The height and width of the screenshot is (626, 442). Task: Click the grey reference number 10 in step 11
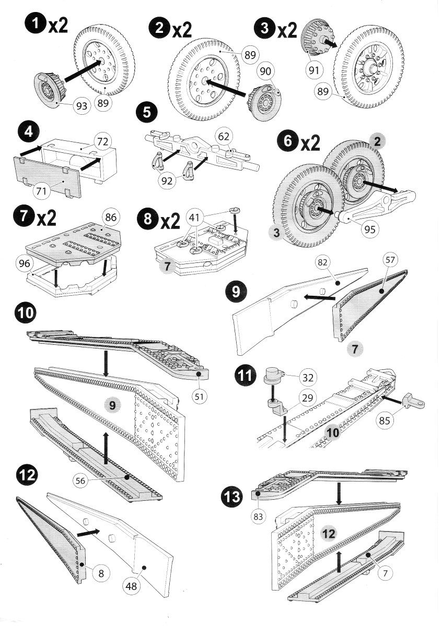pyautogui.click(x=333, y=432)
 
